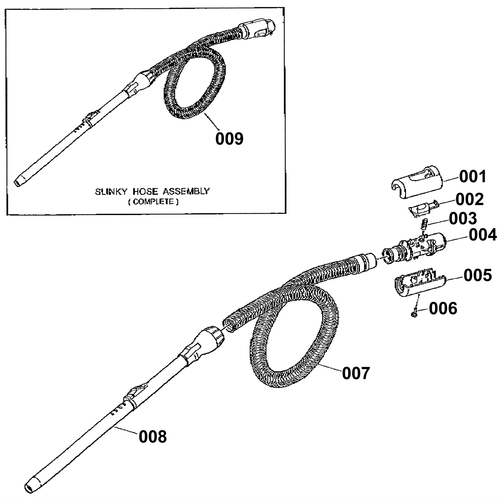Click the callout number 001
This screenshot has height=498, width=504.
[x=472, y=177]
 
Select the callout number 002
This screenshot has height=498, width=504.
[x=470, y=199]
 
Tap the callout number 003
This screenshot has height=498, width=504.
[x=463, y=218]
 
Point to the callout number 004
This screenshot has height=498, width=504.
[x=483, y=235]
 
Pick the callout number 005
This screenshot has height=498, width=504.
[x=478, y=275]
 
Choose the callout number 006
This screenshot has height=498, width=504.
[x=443, y=308]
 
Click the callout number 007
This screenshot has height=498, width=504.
[x=356, y=373]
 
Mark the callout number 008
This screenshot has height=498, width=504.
[x=153, y=437]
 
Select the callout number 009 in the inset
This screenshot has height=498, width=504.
[x=229, y=139]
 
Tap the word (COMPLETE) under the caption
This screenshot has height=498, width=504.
[x=153, y=202]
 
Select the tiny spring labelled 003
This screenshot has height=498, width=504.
[x=423, y=224]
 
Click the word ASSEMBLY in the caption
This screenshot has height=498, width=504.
[x=186, y=191]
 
